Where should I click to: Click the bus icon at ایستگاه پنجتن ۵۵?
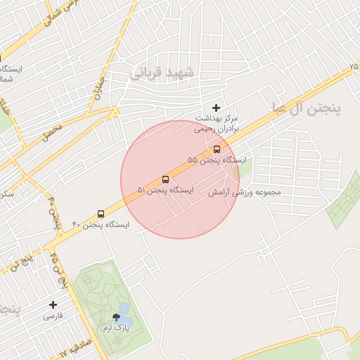point(216,149)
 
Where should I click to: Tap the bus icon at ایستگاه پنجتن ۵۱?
point(165,179)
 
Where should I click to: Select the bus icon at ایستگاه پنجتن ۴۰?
point(101,213)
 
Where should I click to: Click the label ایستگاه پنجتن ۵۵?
point(217,161)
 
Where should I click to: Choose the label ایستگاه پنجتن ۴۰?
point(101,225)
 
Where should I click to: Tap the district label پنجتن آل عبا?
point(307,108)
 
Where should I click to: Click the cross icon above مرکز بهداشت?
point(216,108)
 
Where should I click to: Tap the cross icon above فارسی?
point(53,304)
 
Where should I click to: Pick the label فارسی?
point(53,316)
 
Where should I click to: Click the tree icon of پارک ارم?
point(115,317)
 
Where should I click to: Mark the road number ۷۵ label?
point(354,65)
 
